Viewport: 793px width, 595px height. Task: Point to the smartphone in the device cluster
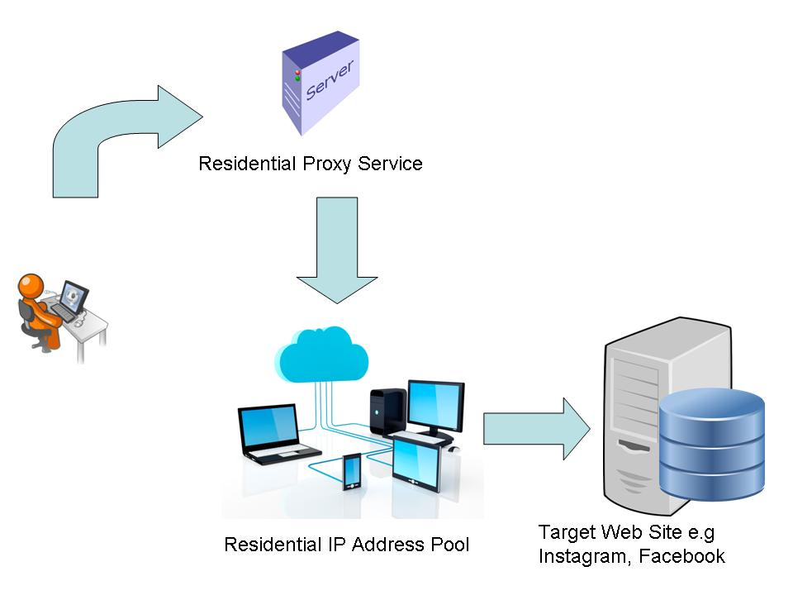352,471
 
